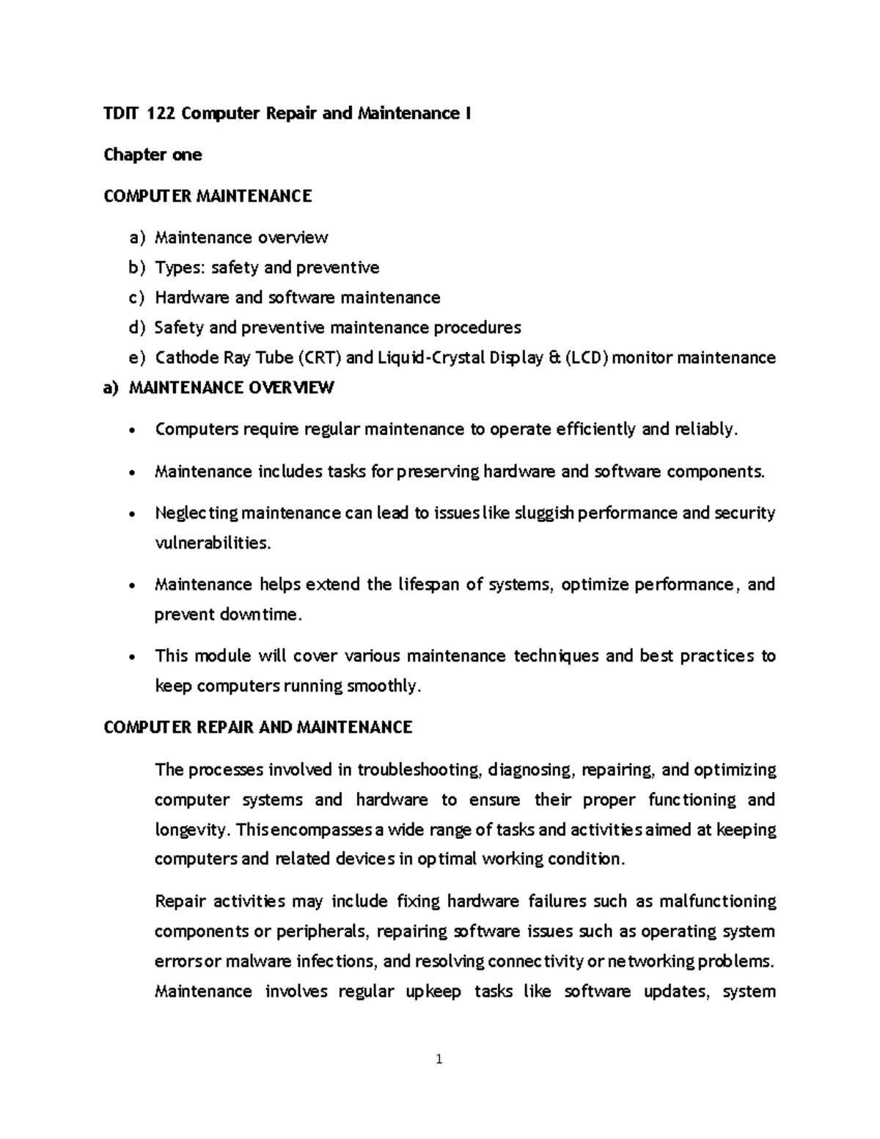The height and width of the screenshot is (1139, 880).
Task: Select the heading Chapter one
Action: (153, 155)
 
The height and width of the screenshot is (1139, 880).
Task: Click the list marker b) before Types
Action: (137, 268)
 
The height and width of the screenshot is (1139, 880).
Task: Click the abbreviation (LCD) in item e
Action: (587, 358)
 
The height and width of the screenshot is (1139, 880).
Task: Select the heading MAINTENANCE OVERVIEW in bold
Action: (231, 388)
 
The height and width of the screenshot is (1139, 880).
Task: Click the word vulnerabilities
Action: (212, 543)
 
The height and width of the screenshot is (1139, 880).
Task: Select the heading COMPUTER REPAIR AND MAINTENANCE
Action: (258, 728)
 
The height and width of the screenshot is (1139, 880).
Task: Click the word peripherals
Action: (324, 931)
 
